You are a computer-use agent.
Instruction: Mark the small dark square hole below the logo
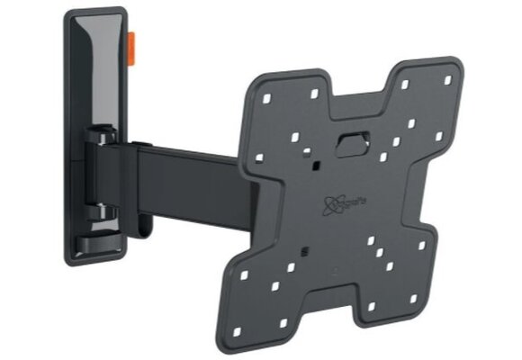click(305, 248)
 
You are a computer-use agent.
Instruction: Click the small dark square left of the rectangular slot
click(318, 137)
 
